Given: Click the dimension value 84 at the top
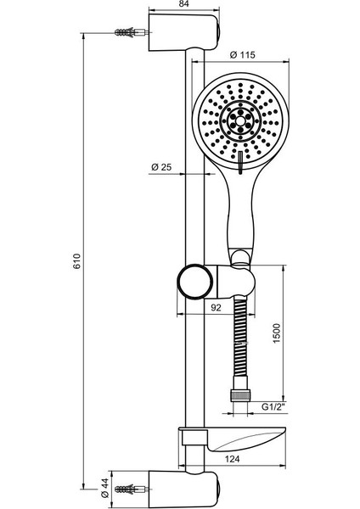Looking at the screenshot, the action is pos(183,3).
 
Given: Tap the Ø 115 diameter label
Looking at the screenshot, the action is pos(242,55).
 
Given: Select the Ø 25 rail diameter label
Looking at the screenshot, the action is pos(161,167).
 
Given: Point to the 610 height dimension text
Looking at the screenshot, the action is pos(77,261).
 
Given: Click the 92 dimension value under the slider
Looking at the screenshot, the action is pos(216,307).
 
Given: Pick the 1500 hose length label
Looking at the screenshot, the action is pos(276,333).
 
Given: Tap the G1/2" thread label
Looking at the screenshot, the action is pos(275,406).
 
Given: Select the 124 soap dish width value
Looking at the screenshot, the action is pos(232,459).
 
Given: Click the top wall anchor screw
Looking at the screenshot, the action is pos(132,32).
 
